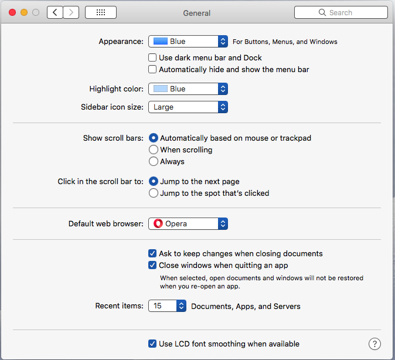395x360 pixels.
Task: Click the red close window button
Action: pyautogui.click(x=12, y=12)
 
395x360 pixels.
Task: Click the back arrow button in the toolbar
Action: pyautogui.click(x=55, y=12)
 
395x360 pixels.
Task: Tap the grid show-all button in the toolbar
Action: pyautogui.click(x=101, y=12)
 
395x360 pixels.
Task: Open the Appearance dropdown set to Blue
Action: pyautogui.click(x=188, y=42)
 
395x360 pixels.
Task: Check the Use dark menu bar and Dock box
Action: pyautogui.click(x=152, y=57)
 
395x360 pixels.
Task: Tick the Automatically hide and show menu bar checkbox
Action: pyautogui.click(x=152, y=69)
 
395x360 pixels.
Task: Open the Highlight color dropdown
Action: pyautogui.click(x=188, y=89)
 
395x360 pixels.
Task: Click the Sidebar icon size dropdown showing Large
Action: pyautogui.click(x=188, y=107)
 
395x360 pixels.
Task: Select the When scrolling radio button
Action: pyautogui.click(x=154, y=150)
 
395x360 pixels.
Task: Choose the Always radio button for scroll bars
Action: pyautogui.click(x=154, y=161)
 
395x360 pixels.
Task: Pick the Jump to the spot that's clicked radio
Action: pyautogui.click(x=154, y=193)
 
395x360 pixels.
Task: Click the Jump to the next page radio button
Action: pyautogui.click(x=154, y=181)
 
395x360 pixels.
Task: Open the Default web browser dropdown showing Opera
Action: pyautogui.click(x=188, y=223)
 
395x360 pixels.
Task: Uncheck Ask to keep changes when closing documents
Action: pyautogui.click(x=152, y=253)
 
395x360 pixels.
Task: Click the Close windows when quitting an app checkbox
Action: pyautogui.click(x=152, y=265)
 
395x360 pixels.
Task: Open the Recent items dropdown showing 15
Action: pyautogui.click(x=167, y=306)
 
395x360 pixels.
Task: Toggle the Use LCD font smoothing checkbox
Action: pyautogui.click(x=152, y=344)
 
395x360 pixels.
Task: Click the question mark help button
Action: pyautogui.click(x=374, y=344)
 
